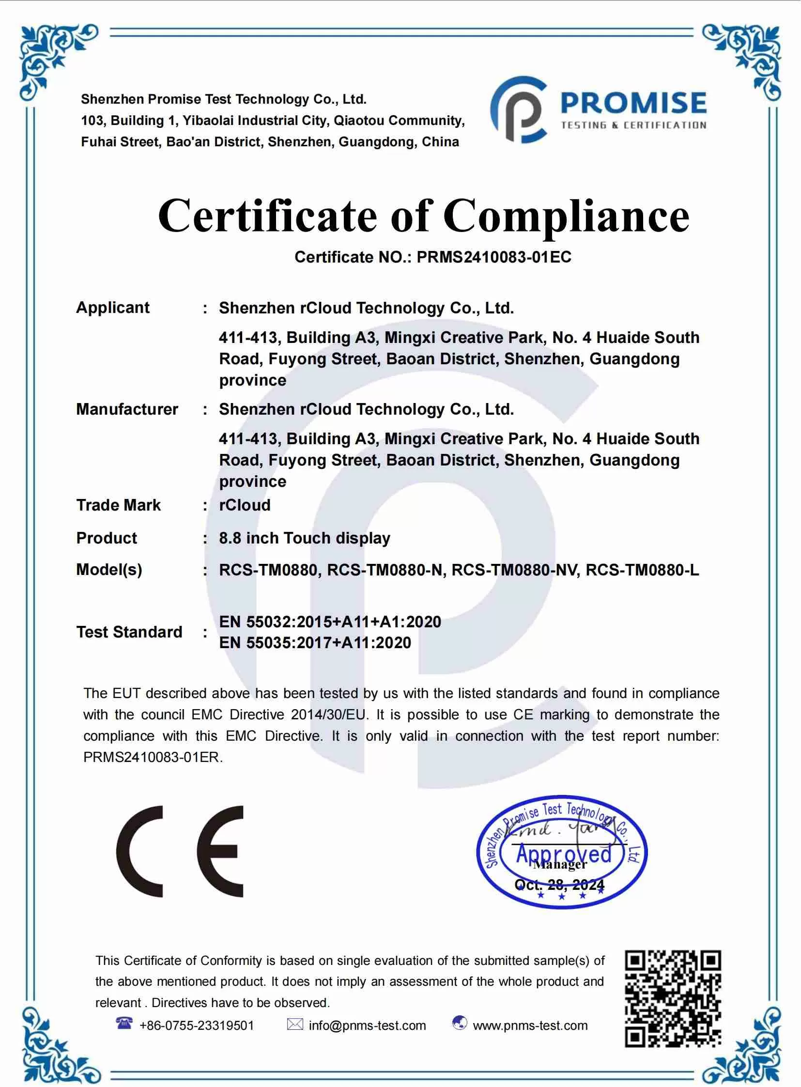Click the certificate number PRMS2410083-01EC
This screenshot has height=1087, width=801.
click(x=493, y=257)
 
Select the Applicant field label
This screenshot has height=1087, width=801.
click(x=112, y=308)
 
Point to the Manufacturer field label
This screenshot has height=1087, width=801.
click(x=127, y=409)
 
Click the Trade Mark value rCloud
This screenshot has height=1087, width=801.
click(x=245, y=505)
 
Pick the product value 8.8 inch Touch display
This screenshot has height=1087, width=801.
click(x=305, y=538)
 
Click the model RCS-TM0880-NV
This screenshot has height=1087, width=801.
click(x=515, y=570)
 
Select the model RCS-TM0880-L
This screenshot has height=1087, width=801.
click(x=643, y=570)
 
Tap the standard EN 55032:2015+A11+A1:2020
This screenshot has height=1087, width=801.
click(x=330, y=622)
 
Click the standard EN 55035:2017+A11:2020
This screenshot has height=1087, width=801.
click(x=315, y=643)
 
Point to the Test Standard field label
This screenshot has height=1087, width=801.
click(x=129, y=632)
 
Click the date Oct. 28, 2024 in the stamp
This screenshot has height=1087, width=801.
click(x=559, y=885)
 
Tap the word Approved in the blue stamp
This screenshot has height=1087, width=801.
click(x=564, y=854)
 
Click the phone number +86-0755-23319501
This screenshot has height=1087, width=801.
click(x=196, y=1025)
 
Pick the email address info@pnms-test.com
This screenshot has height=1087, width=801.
click(x=367, y=1025)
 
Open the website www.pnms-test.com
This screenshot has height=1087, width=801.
click(x=530, y=1025)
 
